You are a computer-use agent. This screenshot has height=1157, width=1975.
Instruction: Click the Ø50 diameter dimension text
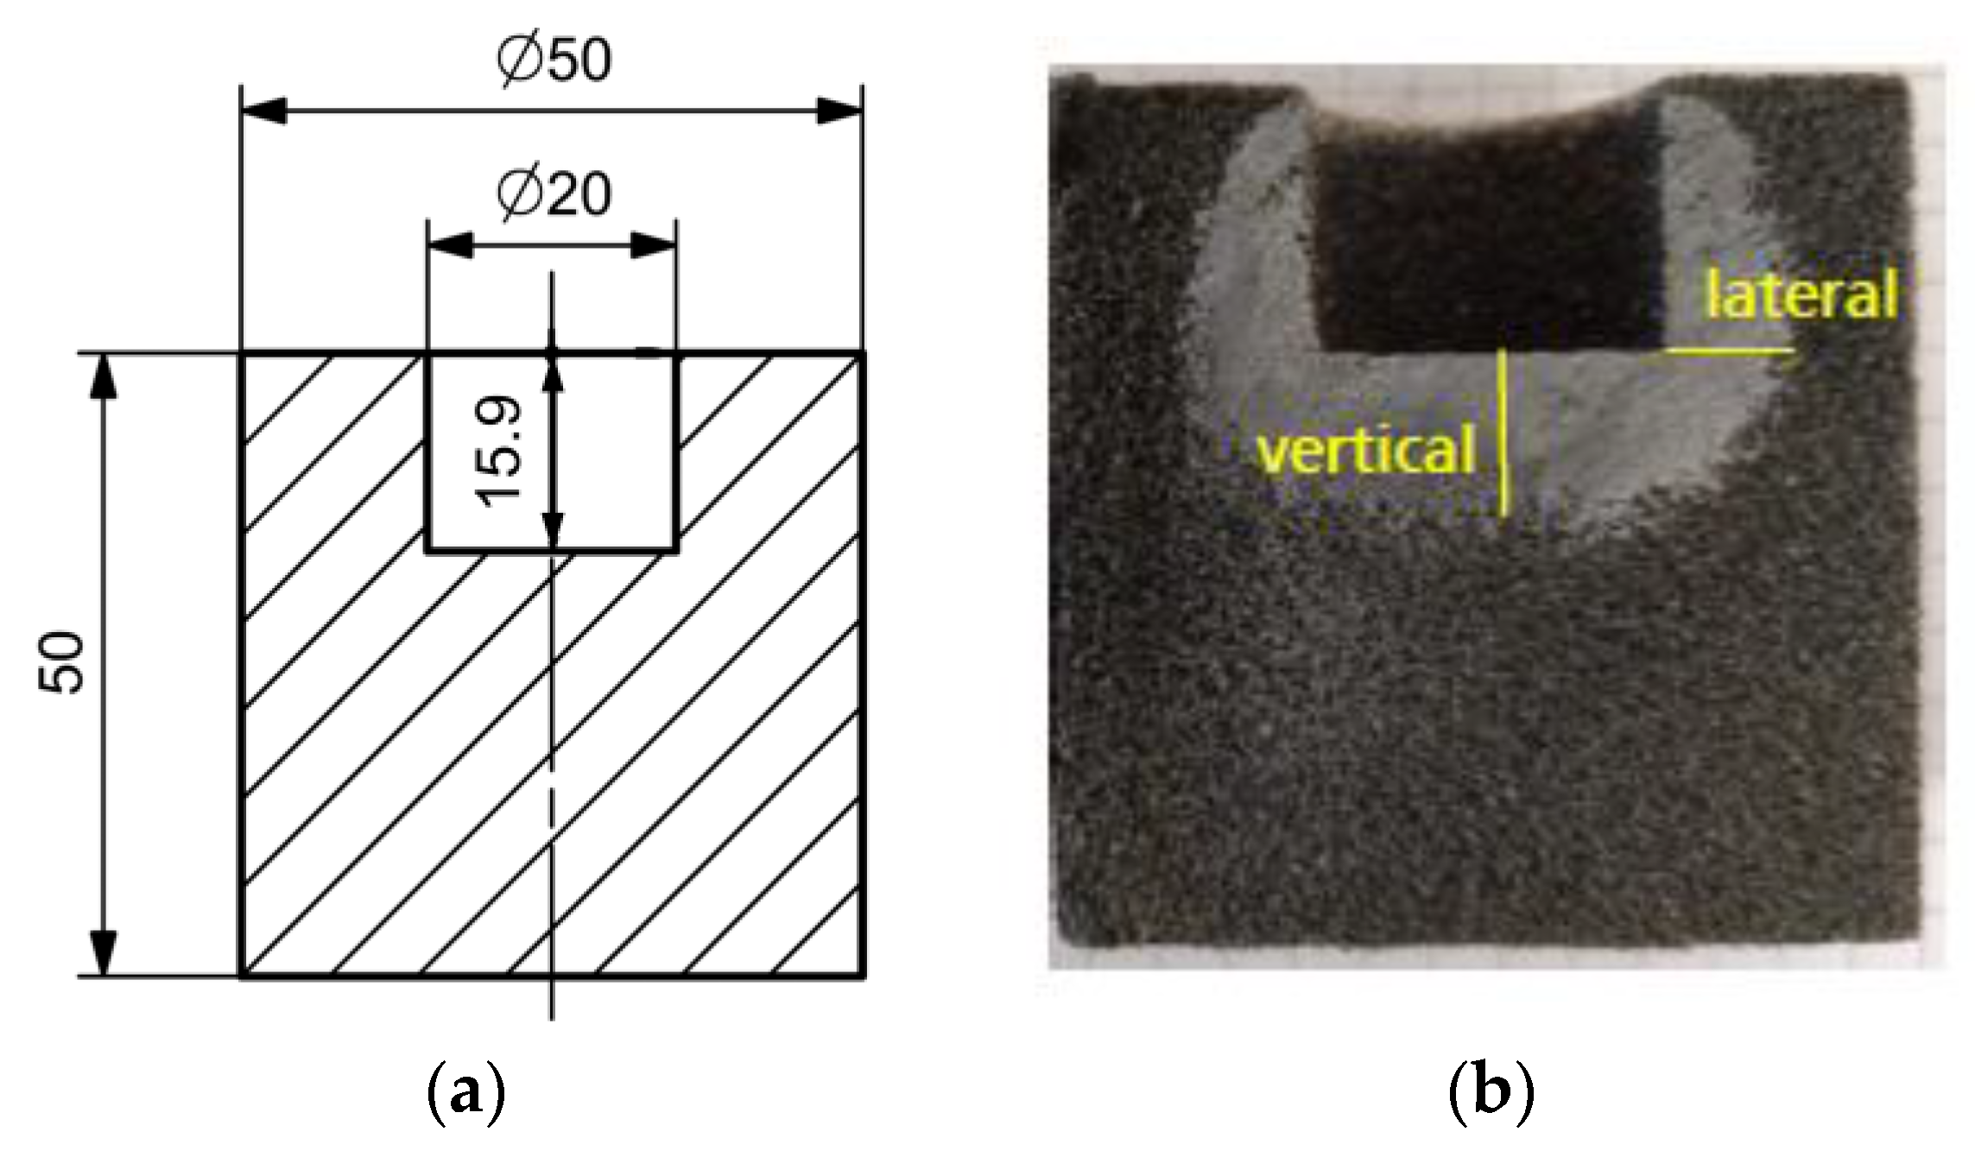554,60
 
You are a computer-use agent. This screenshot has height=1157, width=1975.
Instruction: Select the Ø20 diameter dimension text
554,193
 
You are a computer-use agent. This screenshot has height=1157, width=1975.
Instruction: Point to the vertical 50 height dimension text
62,662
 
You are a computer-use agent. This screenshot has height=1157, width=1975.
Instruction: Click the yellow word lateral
1801,294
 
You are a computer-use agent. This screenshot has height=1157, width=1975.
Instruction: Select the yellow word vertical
1365,451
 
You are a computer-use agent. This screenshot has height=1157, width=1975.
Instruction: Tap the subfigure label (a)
465,1094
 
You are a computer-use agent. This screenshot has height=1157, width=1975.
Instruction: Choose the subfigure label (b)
1491,1094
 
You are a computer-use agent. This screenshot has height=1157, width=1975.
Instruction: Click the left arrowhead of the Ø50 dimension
263,111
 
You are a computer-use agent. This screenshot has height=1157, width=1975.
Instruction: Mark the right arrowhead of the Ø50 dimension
840,111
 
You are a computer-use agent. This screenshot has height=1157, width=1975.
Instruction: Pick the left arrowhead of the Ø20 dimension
450,246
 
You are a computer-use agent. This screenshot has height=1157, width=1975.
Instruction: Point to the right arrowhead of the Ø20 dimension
654,246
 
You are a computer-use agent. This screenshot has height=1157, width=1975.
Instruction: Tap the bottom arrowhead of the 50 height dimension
104,953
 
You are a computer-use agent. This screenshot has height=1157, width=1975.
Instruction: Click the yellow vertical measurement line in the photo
1503,432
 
